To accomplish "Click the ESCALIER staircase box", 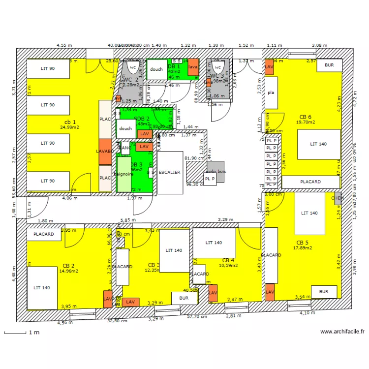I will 170,172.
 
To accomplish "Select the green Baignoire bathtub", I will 123,174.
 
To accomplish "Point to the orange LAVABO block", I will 105,151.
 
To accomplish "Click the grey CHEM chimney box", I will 337,198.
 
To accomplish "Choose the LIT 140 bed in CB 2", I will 42,287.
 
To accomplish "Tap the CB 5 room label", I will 302,243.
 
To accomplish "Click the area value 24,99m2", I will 69,127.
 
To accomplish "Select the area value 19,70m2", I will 304,122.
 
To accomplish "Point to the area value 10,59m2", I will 228,265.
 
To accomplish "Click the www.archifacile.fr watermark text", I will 342,332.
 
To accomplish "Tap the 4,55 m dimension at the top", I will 64,45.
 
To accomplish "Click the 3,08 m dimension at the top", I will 319,45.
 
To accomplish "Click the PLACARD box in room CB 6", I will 310,182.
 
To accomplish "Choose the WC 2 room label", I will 130,80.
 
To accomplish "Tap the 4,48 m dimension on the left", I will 14,273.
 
